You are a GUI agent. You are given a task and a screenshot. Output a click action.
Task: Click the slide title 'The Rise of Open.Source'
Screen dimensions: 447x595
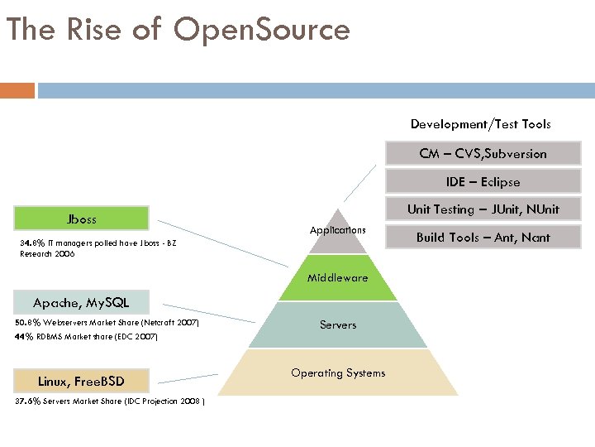point(178,30)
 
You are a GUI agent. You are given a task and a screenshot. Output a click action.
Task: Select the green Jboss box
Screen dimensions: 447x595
point(81,219)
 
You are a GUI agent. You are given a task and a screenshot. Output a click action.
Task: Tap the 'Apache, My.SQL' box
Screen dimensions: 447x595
point(81,302)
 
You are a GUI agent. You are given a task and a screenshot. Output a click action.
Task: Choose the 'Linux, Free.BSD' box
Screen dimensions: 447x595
point(81,381)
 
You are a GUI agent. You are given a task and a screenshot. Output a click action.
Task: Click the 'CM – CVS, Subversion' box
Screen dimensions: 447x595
point(483,154)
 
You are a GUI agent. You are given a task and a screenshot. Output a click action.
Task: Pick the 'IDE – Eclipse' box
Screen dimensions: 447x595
point(483,181)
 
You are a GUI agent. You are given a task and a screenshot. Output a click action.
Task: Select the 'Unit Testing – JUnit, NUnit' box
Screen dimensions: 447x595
point(483,209)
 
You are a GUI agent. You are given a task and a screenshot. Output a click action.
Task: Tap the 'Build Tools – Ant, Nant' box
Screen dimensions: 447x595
point(483,238)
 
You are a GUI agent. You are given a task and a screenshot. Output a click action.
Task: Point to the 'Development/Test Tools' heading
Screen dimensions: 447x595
point(480,124)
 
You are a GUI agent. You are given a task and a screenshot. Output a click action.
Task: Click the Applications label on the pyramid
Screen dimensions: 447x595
point(337,229)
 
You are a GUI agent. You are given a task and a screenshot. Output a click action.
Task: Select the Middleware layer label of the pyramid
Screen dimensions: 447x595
point(337,278)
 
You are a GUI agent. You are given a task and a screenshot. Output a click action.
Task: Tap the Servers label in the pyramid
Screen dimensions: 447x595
point(338,325)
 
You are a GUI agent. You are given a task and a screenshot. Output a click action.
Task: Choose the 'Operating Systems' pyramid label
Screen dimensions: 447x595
point(338,373)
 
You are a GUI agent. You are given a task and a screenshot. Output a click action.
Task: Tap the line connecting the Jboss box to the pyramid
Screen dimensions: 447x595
point(223,242)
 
